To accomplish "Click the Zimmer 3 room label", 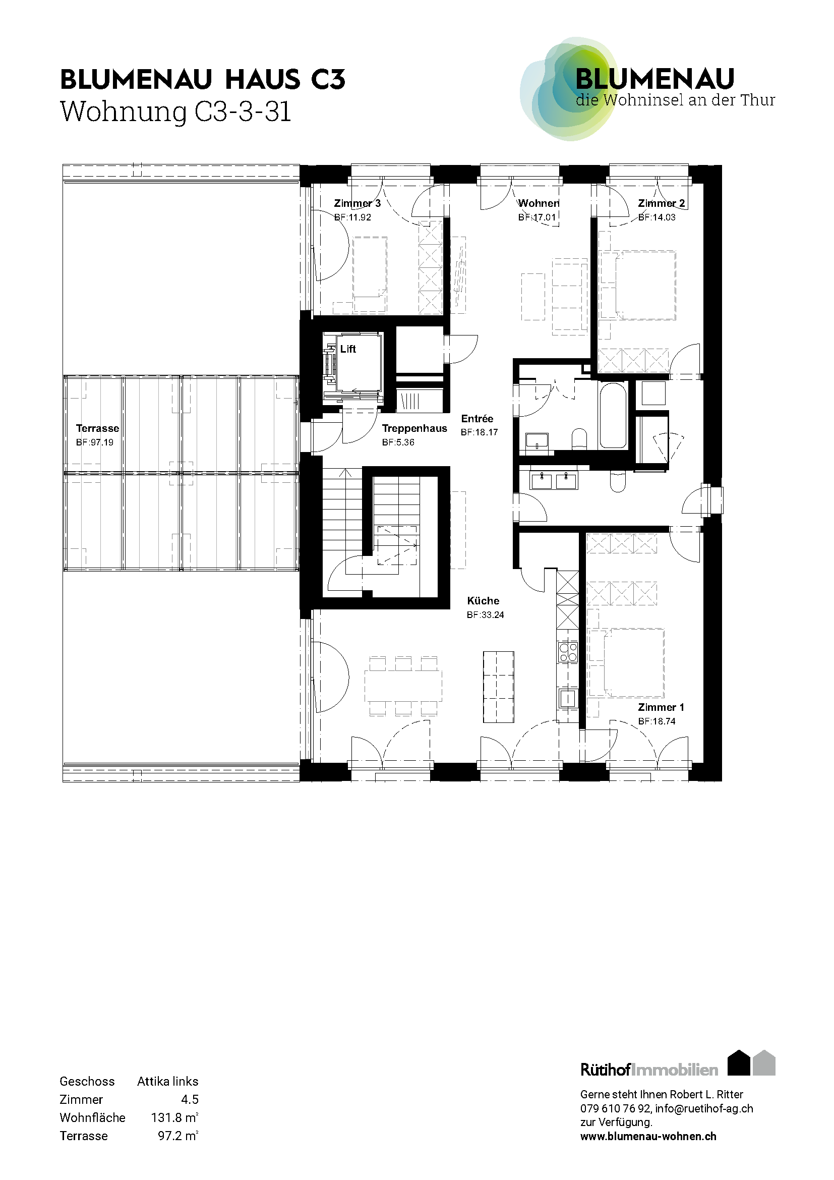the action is pos(358,203).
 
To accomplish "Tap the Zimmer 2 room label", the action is pos(662,203).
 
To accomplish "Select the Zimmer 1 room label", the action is pos(661,707).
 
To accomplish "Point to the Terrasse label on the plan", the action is pos(98,428).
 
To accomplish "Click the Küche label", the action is pos(483,600).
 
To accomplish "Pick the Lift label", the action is pos(348,349).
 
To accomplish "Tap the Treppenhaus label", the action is pos(414,428).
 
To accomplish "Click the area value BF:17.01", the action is pos(537,217).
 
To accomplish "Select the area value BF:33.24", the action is pos(485,614).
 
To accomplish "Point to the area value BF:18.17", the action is pos(479,432).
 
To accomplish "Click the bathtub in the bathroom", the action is pos(613,415).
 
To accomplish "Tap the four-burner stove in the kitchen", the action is pos(568,652).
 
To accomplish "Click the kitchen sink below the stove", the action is pos(568,698).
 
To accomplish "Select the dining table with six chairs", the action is pos(403,686).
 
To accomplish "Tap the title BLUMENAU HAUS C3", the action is pos(203,80).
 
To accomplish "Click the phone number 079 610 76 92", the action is pos(615,1108).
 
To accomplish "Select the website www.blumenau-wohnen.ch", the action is pos(648,1136).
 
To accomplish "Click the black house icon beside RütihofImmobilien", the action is pos(740,1063).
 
